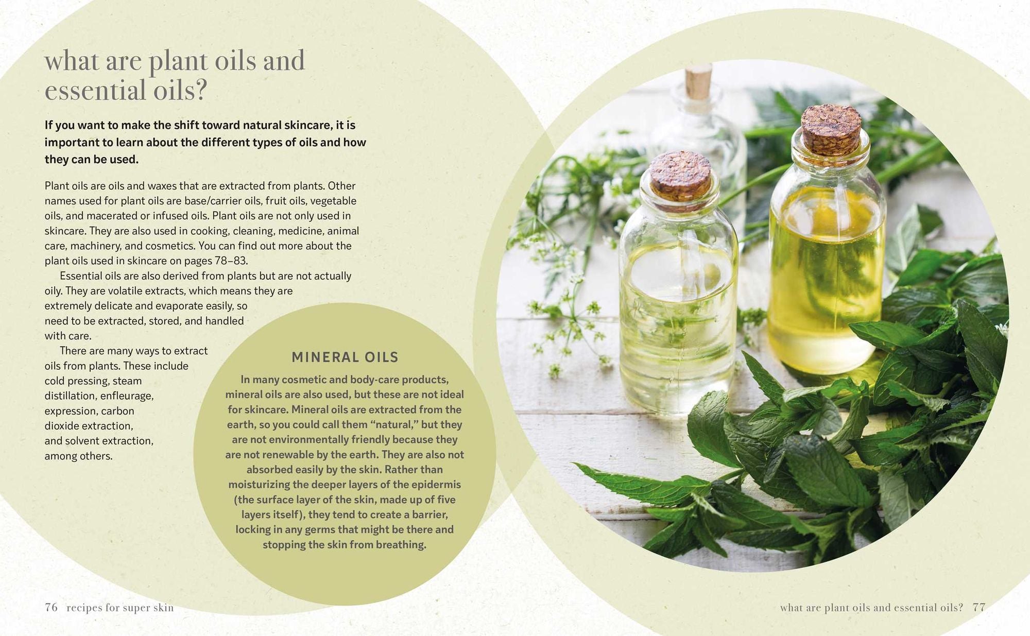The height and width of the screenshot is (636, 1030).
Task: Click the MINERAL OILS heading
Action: tap(345, 357)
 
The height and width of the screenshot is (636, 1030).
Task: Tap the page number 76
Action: tap(51, 607)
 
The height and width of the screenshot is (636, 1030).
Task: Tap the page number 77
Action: tap(979, 607)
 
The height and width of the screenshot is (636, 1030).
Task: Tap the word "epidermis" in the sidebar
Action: tap(437, 485)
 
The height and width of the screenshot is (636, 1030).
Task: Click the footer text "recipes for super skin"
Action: tap(120, 608)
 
